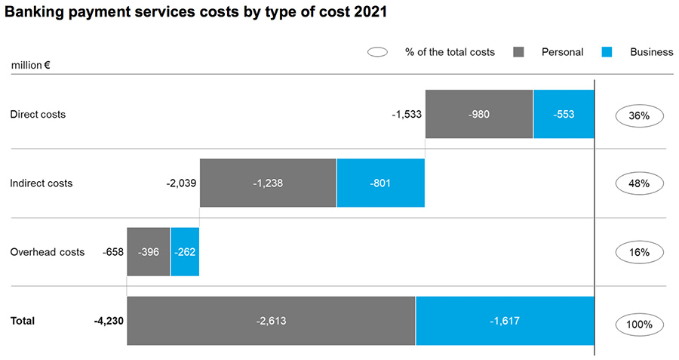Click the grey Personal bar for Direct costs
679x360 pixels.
(x=479, y=115)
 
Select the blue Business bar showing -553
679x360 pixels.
(x=564, y=115)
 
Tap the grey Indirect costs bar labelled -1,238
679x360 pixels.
(x=268, y=183)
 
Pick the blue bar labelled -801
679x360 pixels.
(x=380, y=183)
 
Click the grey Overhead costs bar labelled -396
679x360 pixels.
(x=149, y=252)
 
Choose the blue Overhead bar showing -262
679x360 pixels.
(x=185, y=252)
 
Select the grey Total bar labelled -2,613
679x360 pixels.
(x=271, y=321)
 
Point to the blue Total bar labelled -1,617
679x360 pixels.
(x=505, y=321)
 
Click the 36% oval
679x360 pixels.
(x=639, y=116)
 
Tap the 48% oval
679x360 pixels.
(x=639, y=183)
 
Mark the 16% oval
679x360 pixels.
(x=639, y=252)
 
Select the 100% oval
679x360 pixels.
(x=639, y=325)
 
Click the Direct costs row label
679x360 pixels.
(x=38, y=115)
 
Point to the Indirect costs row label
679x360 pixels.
(x=41, y=183)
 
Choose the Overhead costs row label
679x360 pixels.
(x=48, y=252)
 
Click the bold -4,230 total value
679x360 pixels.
(x=109, y=321)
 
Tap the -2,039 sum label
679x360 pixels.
(x=180, y=183)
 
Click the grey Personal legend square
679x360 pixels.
(x=519, y=52)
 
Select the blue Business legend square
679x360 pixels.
(x=608, y=52)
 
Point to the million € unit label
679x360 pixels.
(x=31, y=65)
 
